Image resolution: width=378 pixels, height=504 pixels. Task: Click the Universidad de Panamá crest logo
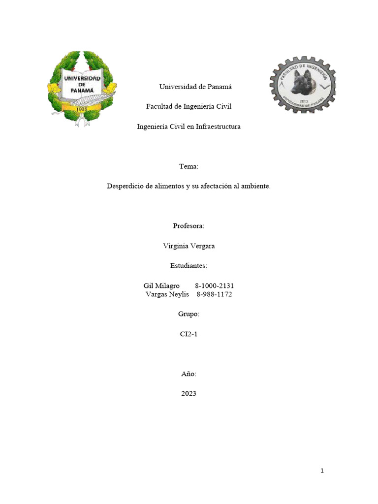pyautogui.click(x=82, y=88)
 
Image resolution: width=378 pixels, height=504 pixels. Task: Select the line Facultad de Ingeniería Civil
pyautogui.click(x=189, y=106)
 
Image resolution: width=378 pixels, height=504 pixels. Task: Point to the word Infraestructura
pyautogui.click(x=218, y=126)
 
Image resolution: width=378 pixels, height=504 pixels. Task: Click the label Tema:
pyautogui.click(x=189, y=167)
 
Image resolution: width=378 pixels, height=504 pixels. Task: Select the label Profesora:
pyautogui.click(x=189, y=226)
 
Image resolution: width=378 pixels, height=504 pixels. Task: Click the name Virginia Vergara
pyautogui.click(x=189, y=246)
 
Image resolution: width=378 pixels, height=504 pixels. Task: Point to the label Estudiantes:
pyautogui.click(x=189, y=266)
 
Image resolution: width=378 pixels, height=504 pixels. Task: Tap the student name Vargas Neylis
pyautogui.click(x=167, y=294)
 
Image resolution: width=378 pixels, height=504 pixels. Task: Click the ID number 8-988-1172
pyautogui.click(x=214, y=294)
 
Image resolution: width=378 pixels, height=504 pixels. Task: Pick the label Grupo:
pyautogui.click(x=189, y=314)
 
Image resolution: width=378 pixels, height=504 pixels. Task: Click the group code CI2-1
pyautogui.click(x=189, y=334)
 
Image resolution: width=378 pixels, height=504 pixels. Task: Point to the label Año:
pyautogui.click(x=189, y=374)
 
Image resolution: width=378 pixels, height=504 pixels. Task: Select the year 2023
pyautogui.click(x=189, y=394)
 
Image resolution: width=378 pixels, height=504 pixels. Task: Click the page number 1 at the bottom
pyautogui.click(x=322, y=471)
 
